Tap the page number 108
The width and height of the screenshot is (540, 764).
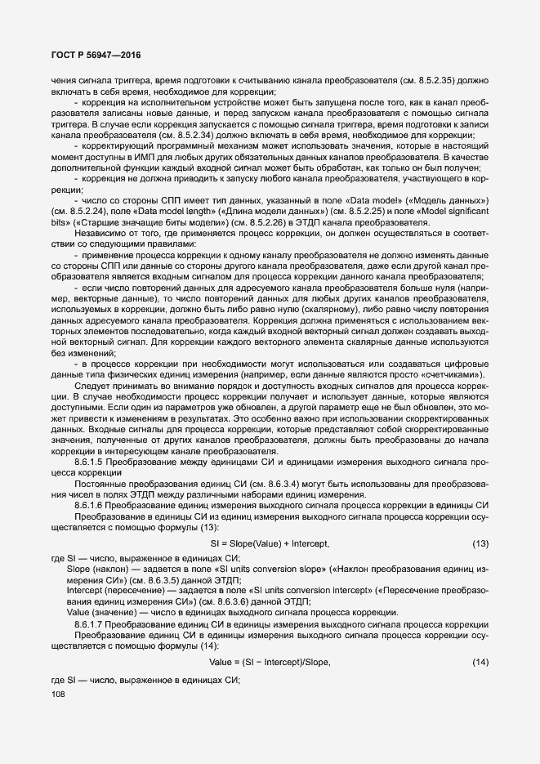tap(58, 695)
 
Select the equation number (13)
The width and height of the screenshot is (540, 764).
tap(480, 543)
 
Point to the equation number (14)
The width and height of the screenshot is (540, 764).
tap(480, 662)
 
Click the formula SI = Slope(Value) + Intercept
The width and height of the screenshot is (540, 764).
tap(270, 543)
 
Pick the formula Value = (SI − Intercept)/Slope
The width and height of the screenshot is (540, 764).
tap(270, 662)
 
